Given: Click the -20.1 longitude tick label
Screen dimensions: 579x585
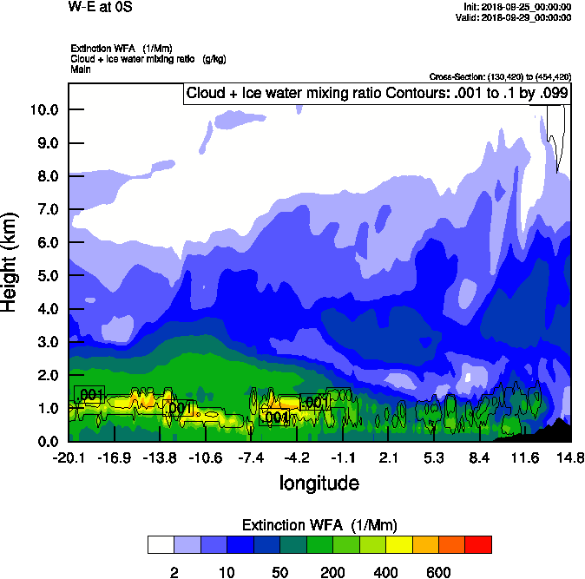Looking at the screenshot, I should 69,457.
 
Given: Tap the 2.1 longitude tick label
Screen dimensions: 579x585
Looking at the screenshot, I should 388,457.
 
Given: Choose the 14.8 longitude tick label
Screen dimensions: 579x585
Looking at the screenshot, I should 570,457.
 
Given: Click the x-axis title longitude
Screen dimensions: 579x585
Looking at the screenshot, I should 318,482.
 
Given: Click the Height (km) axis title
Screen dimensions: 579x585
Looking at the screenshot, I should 11,262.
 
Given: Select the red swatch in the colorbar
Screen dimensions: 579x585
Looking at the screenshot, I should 478,545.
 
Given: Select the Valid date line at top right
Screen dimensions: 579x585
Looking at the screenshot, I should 516,17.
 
